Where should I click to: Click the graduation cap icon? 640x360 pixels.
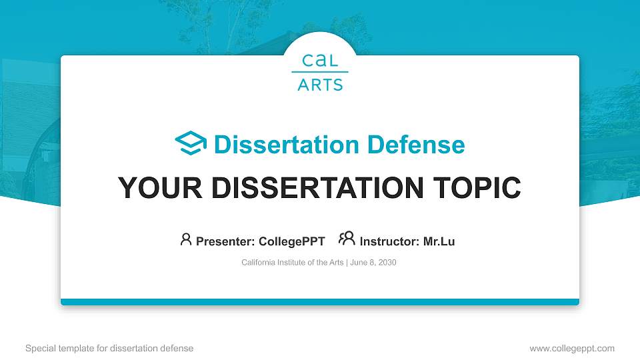click(x=191, y=144)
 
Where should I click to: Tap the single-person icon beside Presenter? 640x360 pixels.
click(x=186, y=239)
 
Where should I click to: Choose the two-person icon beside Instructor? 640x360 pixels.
click(x=347, y=239)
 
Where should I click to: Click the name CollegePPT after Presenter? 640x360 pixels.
click(x=291, y=241)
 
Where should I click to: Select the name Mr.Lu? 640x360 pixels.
click(x=439, y=241)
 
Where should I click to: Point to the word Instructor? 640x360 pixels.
click(x=389, y=241)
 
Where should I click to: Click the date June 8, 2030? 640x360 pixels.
click(x=373, y=263)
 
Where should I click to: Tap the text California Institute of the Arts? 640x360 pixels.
click(x=292, y=263)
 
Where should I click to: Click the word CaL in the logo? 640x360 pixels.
click(x=320, y=61)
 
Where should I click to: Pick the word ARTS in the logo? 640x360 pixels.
click(x=320, y=85)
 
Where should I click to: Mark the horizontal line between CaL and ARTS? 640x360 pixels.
click(x=320, y=72)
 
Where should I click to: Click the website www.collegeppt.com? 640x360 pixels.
click(x=571, y=348)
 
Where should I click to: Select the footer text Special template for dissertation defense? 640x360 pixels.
click(x=109, y=348)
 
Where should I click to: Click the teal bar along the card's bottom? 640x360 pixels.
click(x=320, y=302)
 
